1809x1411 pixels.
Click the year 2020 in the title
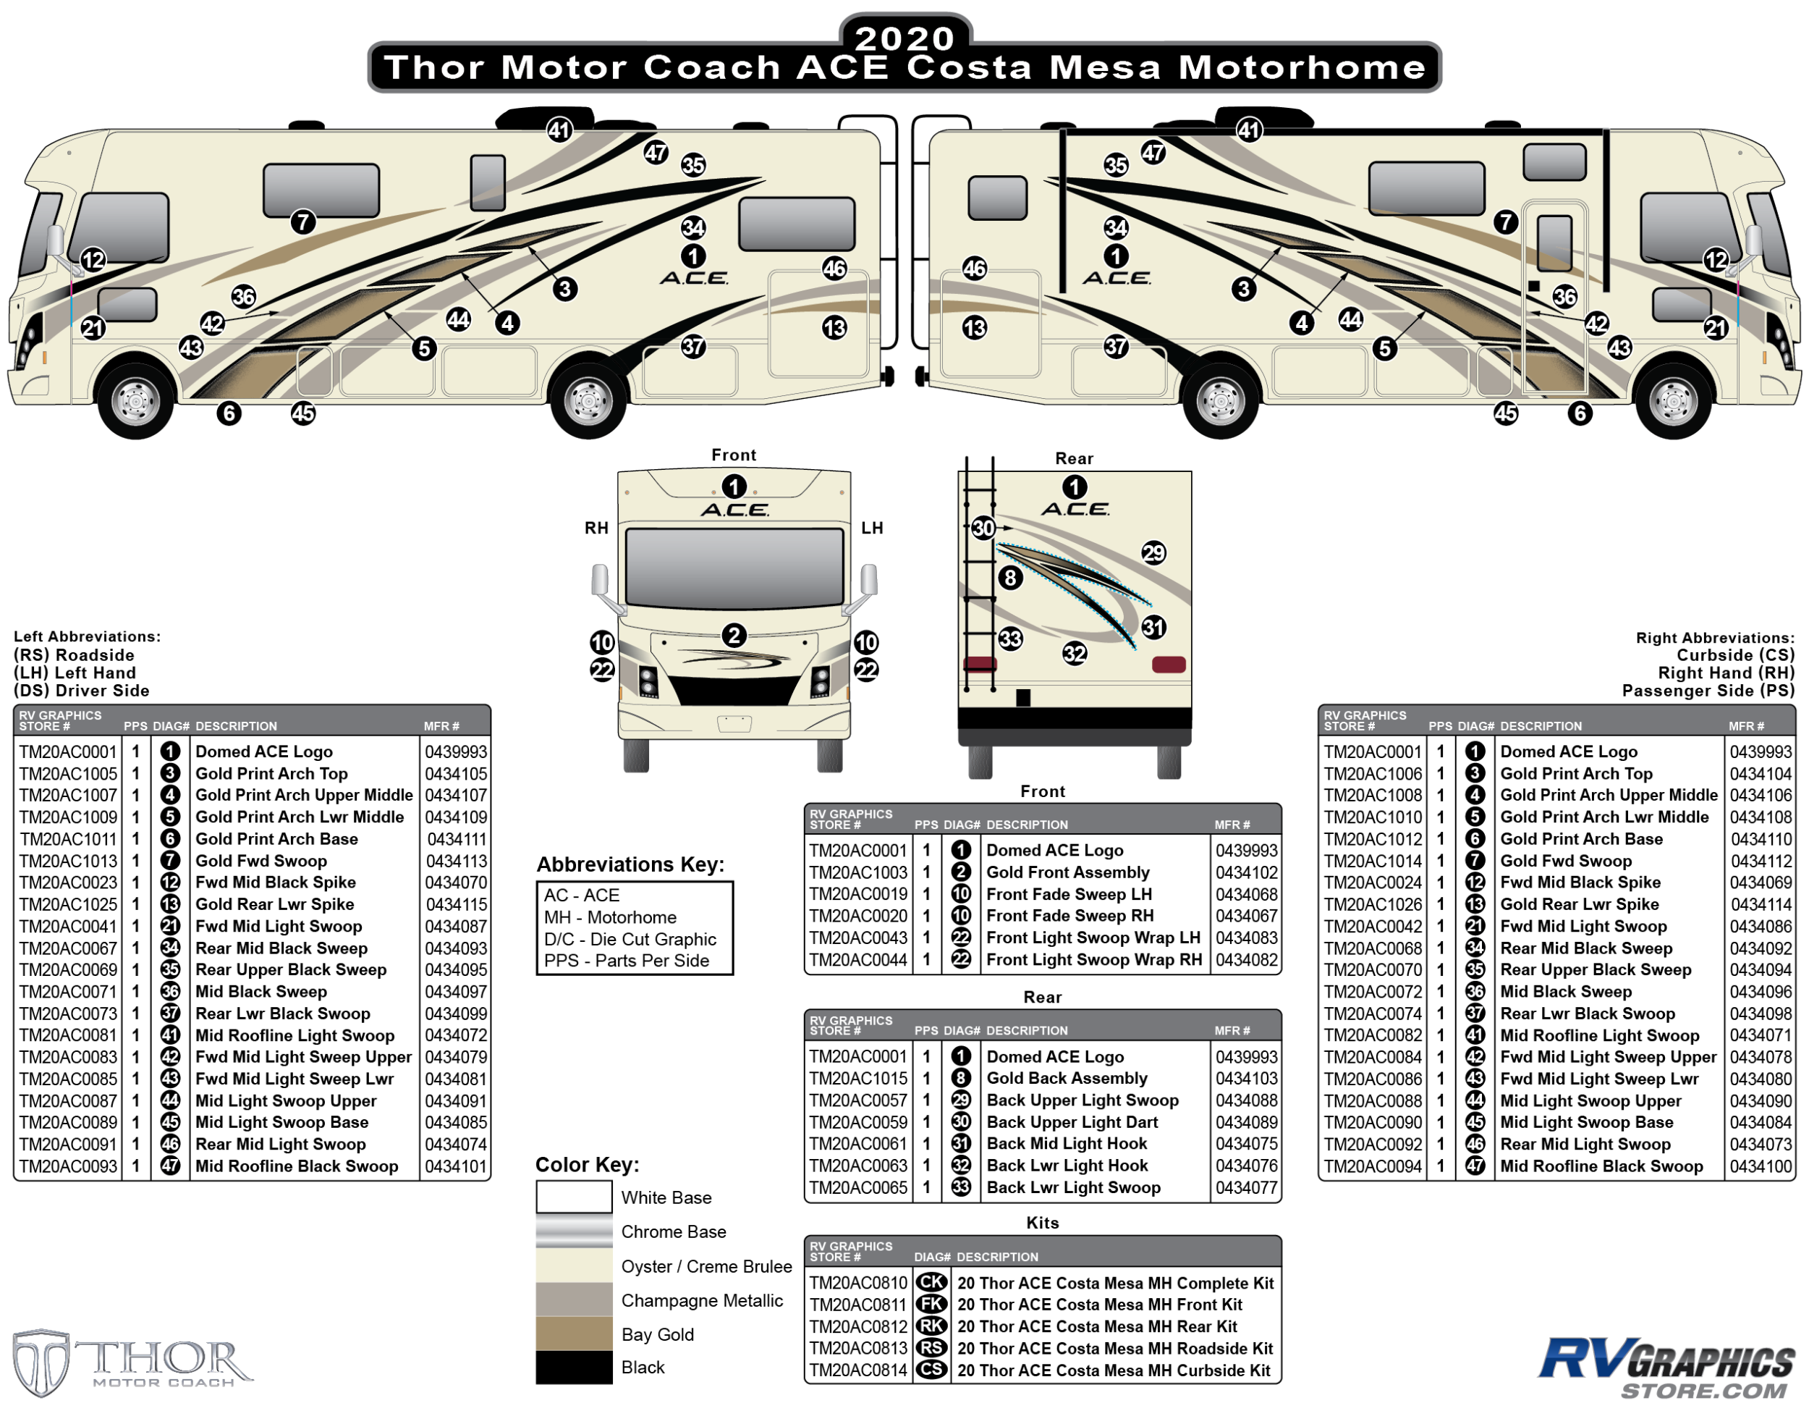[x=904, y=38]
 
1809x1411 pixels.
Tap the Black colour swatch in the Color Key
[x=573, y=1368]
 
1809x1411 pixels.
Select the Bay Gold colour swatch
[x=573, y=1334]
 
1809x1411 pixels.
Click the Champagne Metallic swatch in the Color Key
[x=573, y=1300]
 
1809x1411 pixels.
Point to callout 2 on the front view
[x=734, y=636]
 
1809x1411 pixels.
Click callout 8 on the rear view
[x=1009, y=578]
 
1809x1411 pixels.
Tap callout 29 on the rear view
[x=1153, y=553]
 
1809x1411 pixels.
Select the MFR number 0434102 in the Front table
[x=1246, y=872]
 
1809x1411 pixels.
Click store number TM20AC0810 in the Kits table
[x=858, y=1284]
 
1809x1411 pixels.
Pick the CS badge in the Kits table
[x=931, y=1370]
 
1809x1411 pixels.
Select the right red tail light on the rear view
[x=1169, y=665]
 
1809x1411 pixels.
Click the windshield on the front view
[x=734, y=568]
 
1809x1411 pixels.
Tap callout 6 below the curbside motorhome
[x=1580, y=413]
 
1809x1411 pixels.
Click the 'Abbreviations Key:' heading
[x=630, y=865]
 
